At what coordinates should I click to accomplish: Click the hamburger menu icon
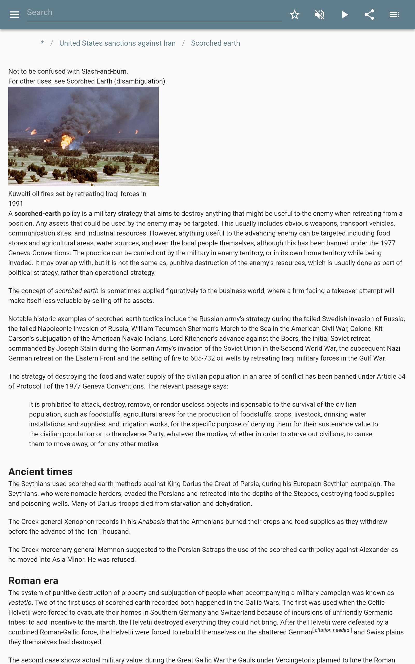point(14,15)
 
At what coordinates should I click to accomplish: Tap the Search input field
point(154,13)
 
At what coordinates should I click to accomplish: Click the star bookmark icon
point(294,15)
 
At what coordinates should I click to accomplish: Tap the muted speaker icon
point(320,15)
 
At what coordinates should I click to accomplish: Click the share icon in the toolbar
point(369,15)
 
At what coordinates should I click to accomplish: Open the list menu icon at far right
point(394,15)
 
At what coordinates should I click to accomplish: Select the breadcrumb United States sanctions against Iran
point(117,43)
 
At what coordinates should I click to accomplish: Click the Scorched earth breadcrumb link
point(215,43)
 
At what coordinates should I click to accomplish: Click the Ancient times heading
point(40,472)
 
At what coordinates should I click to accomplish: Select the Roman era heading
point(33,580)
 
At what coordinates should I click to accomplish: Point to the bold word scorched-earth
point(37,213)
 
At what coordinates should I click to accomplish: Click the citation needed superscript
point(332,630)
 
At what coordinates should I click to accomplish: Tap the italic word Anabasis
point(151,522)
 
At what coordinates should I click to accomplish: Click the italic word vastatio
point(20,603)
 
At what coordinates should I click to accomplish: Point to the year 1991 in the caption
point(16,204)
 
